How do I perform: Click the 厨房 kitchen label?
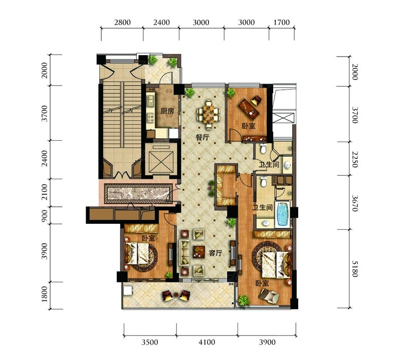[x=167, y=111]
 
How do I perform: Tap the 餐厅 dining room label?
[x=203, y=138]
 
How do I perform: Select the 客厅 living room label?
[x=216, y=253]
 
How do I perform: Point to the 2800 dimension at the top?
[x=122, y=23]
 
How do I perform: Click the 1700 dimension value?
[x=282, y=23]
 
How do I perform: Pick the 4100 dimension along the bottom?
[x=207, y=342]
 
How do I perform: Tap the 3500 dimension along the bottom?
[x=150, y=342]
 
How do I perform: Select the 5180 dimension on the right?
[x=355, y=268]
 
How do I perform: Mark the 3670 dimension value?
[x=355, y=203]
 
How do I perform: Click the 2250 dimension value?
[x=355, y=159]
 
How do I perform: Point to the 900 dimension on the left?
[x=45, y=216]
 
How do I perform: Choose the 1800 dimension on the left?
[x=45, y=294]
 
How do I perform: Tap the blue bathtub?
[x=282, y=214]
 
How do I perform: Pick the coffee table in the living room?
[x=199, y=252]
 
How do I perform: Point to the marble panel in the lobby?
[x=138, y=193]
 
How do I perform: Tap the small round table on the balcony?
[x=176, y=294]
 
